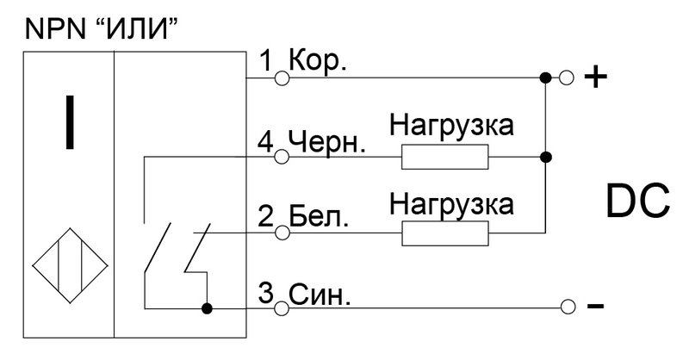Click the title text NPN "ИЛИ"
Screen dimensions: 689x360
tap(102, 29)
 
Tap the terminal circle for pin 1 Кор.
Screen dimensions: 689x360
tap(282, 78)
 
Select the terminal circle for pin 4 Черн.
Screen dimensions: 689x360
tap(282, 157)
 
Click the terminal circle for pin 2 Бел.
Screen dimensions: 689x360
tap(282, 233)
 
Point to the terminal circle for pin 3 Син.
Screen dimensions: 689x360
tap(282, 308)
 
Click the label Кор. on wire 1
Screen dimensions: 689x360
tap(318, 61)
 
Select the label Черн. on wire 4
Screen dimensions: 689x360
tap(327, 142)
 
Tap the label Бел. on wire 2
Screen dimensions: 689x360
tap(319, 217)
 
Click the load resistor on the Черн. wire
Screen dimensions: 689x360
tap(444, 157)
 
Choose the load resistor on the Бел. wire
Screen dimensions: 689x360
tap(444, 233)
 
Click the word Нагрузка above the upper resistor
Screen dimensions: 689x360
tap(451, 126)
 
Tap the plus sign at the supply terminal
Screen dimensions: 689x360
tap(595, 78)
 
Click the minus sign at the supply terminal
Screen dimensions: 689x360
tap(595, 306)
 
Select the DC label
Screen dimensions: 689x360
tap(637, 202)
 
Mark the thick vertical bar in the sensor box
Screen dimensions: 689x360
tap(70, 122)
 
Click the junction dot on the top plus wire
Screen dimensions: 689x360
tap(545, 78)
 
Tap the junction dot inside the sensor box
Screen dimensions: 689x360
tap(207, 308)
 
